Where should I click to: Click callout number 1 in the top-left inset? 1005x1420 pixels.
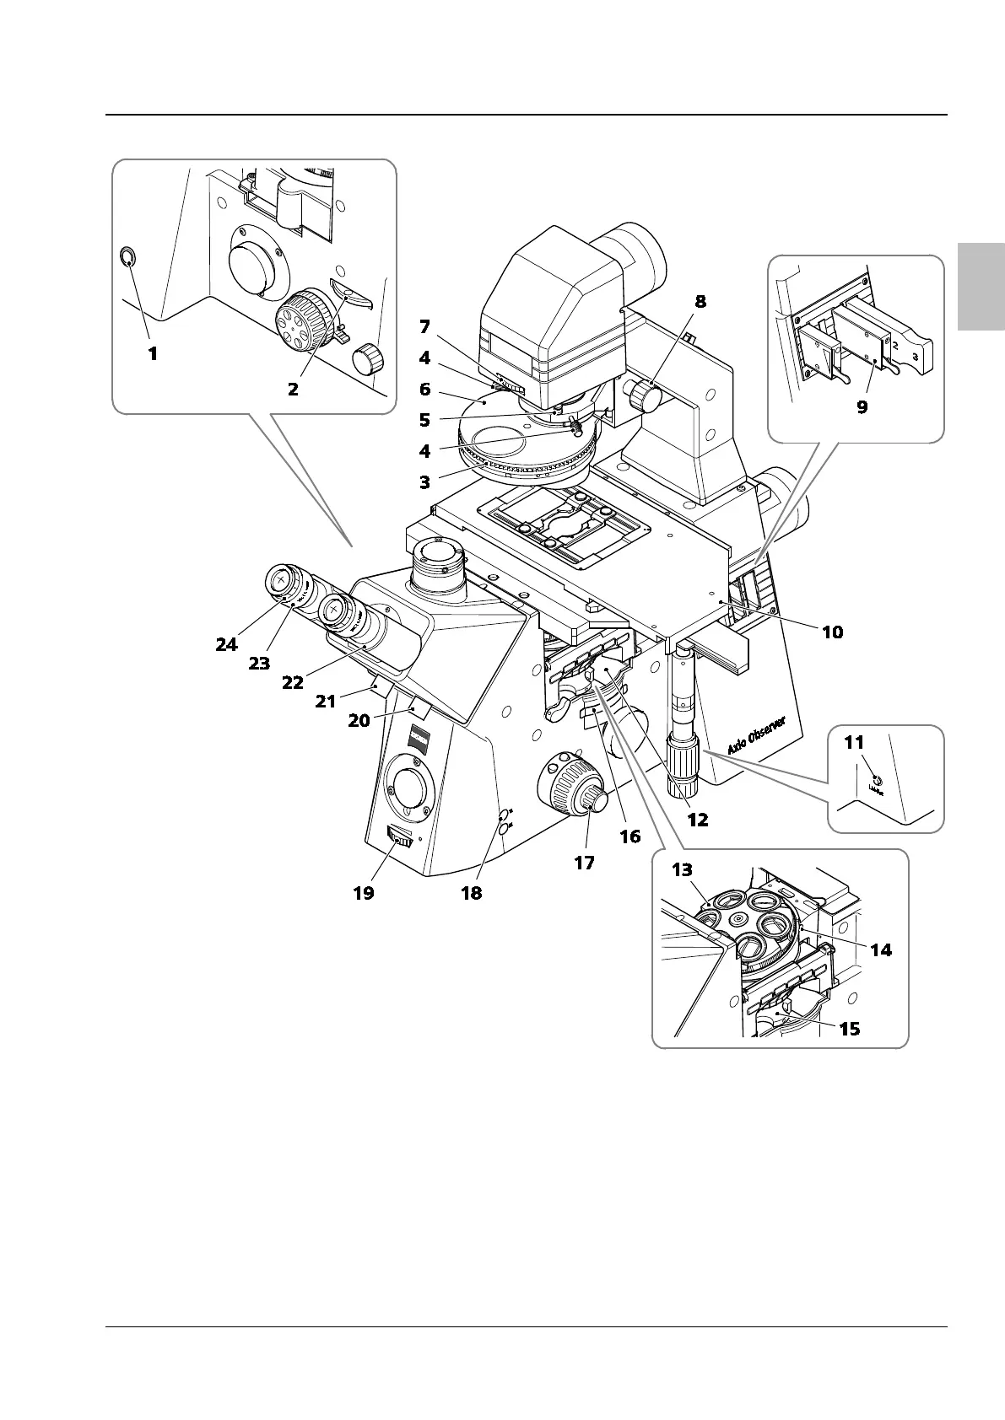point(153,354)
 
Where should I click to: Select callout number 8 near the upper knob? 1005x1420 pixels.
point(700,301)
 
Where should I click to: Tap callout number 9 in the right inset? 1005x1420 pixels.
point(862,406)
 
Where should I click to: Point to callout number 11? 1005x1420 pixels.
point(854,743)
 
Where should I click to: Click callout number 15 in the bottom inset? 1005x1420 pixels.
point(850,1029)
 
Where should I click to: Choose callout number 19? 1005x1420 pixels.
point(364,893)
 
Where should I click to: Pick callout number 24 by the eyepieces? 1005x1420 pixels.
point(226,644)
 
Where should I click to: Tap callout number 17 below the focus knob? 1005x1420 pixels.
point(583,863)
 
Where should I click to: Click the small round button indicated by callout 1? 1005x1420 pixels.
point(127,257)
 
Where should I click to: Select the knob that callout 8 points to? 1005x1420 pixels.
point(645,395)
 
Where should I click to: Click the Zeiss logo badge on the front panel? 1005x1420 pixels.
point(420,738)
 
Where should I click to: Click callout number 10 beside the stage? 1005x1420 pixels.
point(832,632)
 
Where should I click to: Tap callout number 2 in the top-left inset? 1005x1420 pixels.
point(293,390)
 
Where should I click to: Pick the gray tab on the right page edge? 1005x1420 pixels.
point(981,288)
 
